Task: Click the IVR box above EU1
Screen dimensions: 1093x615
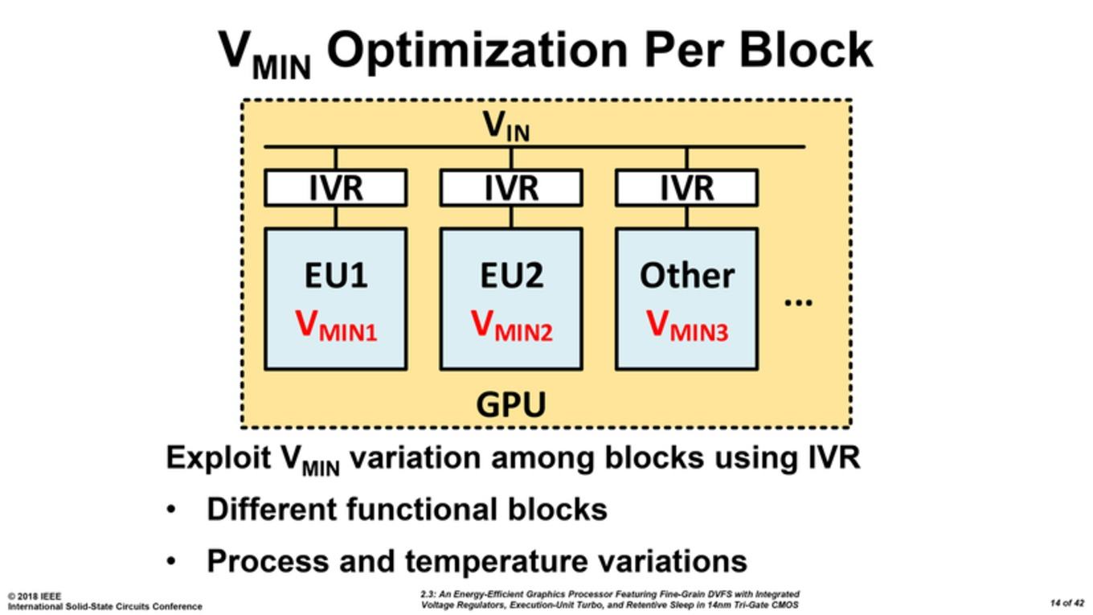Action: [x=336, y=188]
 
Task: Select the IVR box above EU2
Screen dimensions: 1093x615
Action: [x=511, y=188]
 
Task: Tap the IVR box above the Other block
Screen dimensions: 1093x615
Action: [x=687, y=188]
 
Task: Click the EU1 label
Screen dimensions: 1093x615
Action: [x=336, y=275]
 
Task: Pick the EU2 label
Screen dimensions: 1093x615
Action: [x=511, y=275]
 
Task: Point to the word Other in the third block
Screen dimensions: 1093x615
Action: [x=687, y=275]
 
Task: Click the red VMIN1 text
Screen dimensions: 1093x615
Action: [x=336, y=326]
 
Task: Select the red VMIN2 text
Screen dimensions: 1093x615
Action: [x=512, y=326]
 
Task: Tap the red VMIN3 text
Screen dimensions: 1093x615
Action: [x=687, y=326]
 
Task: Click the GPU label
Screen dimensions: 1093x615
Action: [x=511, y=404]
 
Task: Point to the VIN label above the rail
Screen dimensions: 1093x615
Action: [x=506, y=125]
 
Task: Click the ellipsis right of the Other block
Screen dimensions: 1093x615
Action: [x=798, y=302]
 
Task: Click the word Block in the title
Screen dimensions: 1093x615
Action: [x=806, y=50]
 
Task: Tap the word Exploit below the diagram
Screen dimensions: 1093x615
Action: [x=219, y=459]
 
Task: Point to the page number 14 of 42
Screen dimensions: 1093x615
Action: [x=1067, y=603]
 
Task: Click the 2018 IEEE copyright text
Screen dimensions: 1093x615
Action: [x=35, y=597]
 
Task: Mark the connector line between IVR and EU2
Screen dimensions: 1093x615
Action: [x=511, y=217]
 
